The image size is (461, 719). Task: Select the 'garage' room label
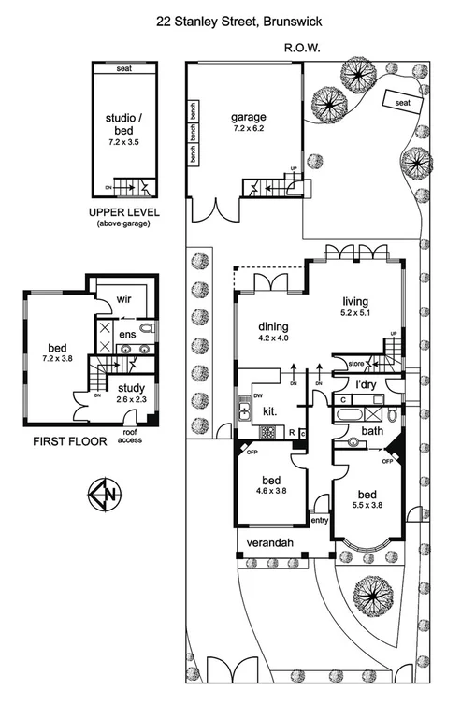point(249,119)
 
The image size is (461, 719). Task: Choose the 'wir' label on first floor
point(122,300)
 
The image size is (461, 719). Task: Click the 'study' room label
point(125,385)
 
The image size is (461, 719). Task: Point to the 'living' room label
point(356,300)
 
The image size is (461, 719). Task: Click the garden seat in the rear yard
point(403,102)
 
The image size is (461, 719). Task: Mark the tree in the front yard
point(373,591)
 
